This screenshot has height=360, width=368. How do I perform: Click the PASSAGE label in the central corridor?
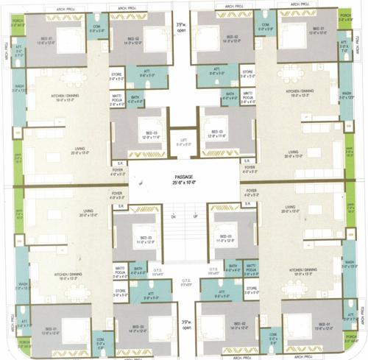click(184, 177)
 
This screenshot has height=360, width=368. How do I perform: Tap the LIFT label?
click(184, 139)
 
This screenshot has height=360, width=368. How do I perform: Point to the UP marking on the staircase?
click(195, 217)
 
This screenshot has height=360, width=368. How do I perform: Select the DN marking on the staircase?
click(174, 217)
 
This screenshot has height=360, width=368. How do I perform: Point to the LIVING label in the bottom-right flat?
click(290, 208)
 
